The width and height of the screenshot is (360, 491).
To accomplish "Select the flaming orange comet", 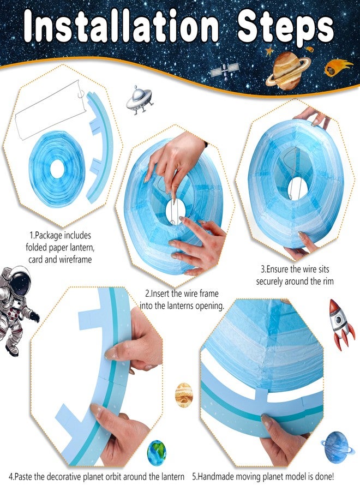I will [x=338, y=68].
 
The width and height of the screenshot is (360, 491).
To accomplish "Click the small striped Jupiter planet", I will [x=183, y=394].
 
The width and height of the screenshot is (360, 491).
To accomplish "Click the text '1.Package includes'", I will [x=60, y=236].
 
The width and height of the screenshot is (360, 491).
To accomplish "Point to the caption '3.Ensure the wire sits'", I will [x=295, y=269].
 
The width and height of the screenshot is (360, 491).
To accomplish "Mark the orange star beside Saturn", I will [x=268, y=52].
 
